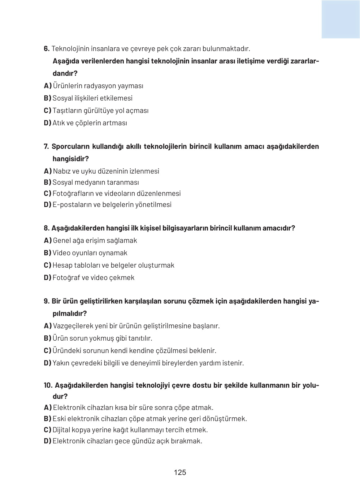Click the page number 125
[x=180, y=472]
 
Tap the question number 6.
[x=46, y=49]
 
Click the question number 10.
[x=48, y=385]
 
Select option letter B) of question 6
[x=47, y=98]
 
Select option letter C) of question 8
[x=47, y=265]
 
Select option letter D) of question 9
[x=47, y=363]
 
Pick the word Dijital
[x=61, y=430]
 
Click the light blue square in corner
[x=340, y=19]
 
